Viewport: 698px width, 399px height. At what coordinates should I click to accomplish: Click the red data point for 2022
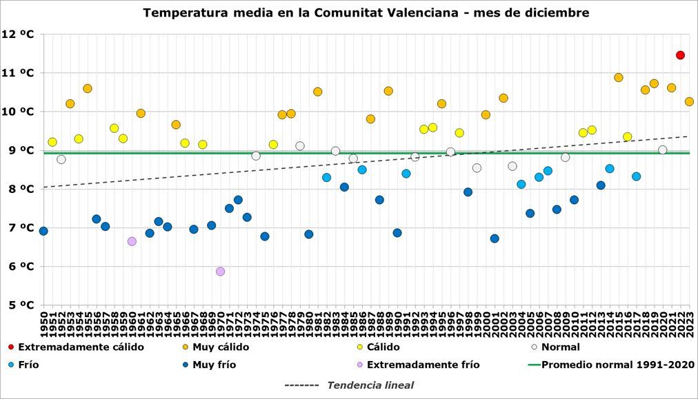pyautogui.click(x=680, y=55)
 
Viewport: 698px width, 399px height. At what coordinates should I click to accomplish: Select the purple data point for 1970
pyautogui.click(x=220, y=272)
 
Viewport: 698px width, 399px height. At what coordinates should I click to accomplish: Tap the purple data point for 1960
pyautogui.click(x=132, y=241)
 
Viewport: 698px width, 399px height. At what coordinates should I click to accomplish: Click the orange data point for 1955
pyautogui.click(x=88, y=88)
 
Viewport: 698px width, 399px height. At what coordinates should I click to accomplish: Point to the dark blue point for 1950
pyautogui.click(x=43, y=231)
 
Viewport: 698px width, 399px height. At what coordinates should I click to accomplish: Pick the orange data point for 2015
pyautogui.click(x=618, y=77)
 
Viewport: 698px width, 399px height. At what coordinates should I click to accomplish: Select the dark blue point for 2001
pyautogui.click(x=495, y=238)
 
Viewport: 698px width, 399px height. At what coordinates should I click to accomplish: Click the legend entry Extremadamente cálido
pyautogui.click(x=81, y=347)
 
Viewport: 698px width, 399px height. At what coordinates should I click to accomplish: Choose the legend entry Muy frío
pyautogui.click(x=214, y=365)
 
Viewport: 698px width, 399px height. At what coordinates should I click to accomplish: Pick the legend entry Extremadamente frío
pyautogui.click(x=423, y=365)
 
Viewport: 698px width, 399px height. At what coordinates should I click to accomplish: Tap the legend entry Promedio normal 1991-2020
pyautogui.click(x=618, y=365)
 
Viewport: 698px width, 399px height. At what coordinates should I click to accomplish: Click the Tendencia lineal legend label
pyautogui.click(x=370, y=385)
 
